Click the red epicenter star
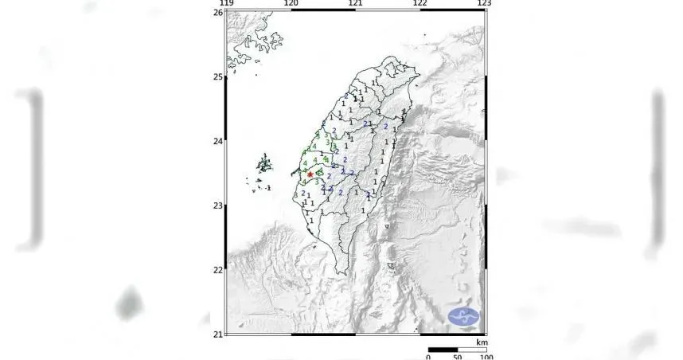tap(310, 174)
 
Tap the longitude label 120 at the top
tap(291, 4)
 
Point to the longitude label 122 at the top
tap(420, 4)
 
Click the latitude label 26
tap(217, 13)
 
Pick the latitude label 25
tap(217, 77)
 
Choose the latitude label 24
tap(217, 142)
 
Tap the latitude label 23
tap(217, 205)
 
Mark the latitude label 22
tap(217, 270)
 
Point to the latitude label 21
tap(217, 334)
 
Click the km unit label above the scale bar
tap(482, 342)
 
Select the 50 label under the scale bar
tap(458, 357)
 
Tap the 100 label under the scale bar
tap(485, 357)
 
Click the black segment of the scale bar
tap(443, 349)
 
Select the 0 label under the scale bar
tap(428, 357)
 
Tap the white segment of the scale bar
tap(472, 349)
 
